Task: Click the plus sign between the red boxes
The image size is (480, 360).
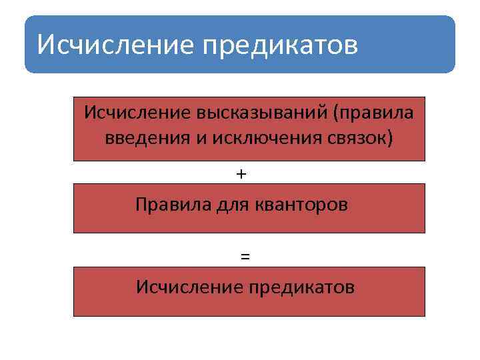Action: click(241, 173)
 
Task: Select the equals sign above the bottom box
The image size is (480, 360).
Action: click(245, 256)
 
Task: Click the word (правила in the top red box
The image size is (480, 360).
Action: click(373, 112)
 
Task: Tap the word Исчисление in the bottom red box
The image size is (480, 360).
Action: click(187, 287)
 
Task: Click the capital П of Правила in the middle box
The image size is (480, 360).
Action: click(141, 204)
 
